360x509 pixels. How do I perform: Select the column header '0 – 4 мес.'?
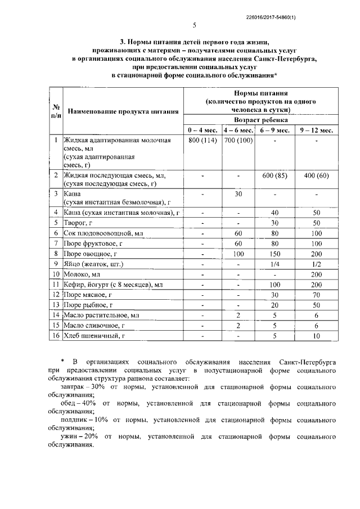click(x=203, y=130)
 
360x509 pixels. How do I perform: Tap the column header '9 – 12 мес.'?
click(x=316, y=130)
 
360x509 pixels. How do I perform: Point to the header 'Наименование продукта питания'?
click(x=123, y=111)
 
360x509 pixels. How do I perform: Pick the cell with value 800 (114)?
click(x=203, y=140)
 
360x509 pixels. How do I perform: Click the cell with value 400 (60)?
click(x=316, y=175)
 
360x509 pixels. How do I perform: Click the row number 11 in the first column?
click(x=56, y=284)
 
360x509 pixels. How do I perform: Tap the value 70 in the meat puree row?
click(x=316, y=294)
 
